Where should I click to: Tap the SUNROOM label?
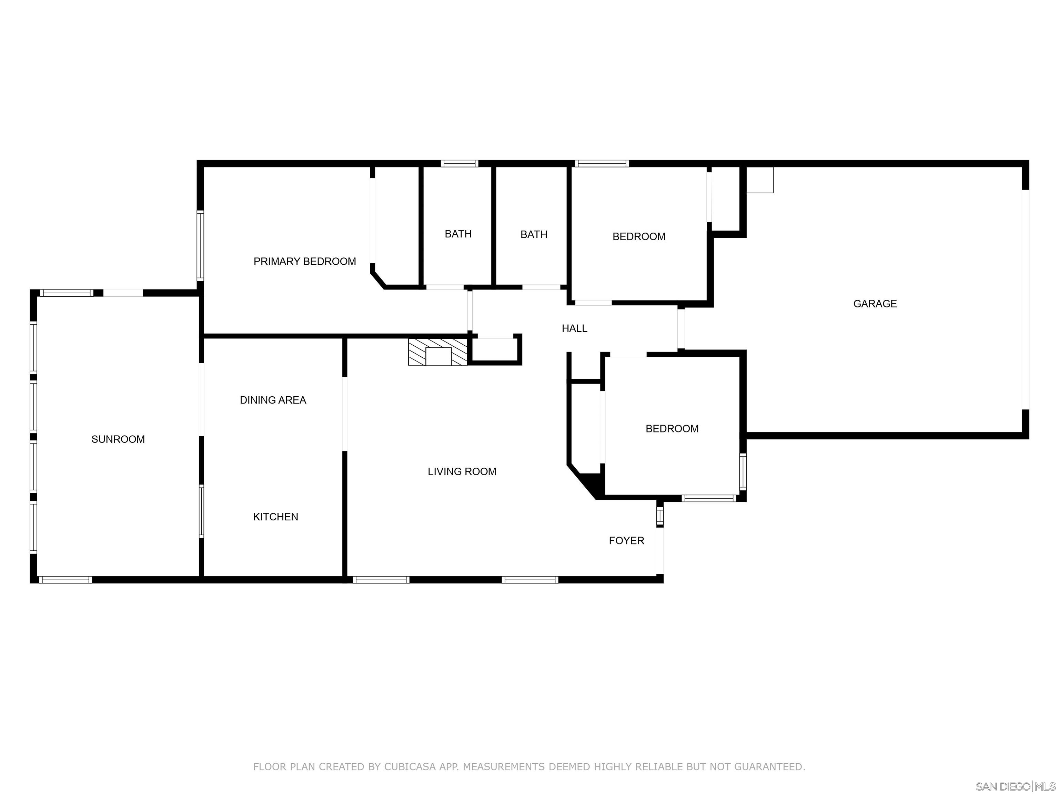[x=118, y=439]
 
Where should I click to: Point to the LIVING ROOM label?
[x=462, y=471]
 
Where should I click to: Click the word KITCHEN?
[x=275, y=517]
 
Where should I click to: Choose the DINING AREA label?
[x=273, y=400]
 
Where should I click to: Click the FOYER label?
[x=626, y=540]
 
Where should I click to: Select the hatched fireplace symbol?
[x=437, y=352]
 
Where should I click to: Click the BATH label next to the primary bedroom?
[x=458, y=234]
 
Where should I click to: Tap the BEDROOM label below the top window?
[x=639, y=236]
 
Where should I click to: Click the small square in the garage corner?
[x=760, y=180]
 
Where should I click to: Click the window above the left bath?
[x=459, y=163]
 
